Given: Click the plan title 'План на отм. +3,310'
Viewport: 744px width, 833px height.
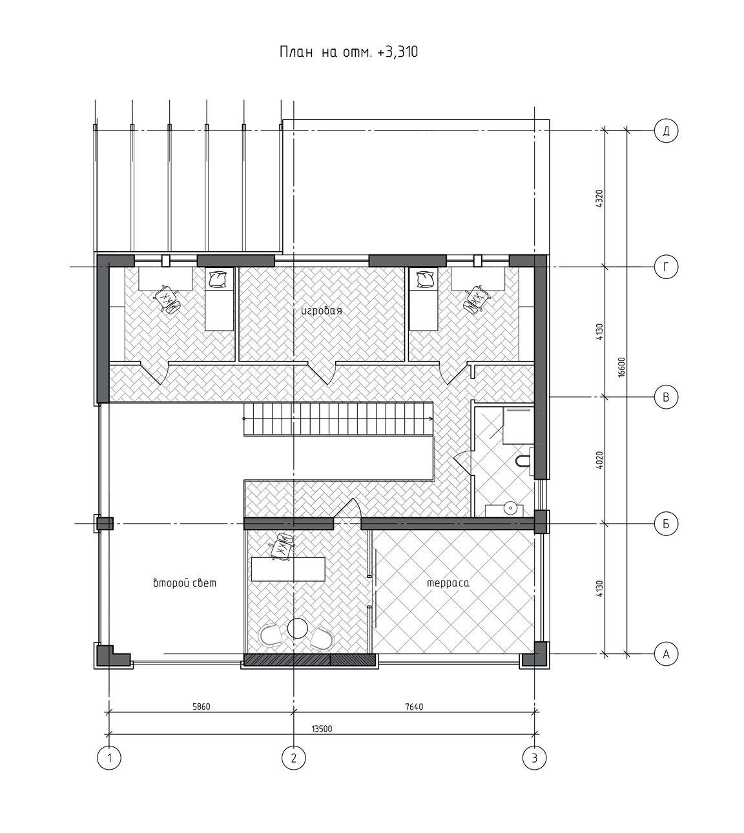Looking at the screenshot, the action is (348, 53).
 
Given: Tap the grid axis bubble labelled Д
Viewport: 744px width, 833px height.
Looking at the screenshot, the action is (666, 130).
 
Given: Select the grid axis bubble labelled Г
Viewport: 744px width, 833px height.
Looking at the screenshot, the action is (666, 267).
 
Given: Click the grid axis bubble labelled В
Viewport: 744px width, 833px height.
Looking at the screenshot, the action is (666, 396).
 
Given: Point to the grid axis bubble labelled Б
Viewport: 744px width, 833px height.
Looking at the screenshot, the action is (666, 524).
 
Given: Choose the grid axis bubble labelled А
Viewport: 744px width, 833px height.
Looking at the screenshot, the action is (666, 653).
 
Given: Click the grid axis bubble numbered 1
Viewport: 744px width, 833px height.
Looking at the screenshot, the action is (109, 757).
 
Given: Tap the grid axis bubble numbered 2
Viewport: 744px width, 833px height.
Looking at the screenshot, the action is (293, 757).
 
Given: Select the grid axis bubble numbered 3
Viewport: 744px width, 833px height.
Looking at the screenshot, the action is (534, 757).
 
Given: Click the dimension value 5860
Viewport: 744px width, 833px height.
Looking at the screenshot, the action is (201, 706).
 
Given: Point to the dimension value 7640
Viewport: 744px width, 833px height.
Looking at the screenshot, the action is (414, 706).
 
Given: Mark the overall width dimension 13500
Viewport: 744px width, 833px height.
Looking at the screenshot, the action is (322, 729).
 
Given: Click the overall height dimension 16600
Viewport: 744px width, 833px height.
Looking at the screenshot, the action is (621, 367).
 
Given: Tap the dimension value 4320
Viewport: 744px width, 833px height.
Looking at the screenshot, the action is (599, 199).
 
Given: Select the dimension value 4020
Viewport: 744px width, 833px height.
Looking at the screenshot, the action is (599, 460).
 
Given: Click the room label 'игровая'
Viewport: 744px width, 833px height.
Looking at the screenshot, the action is (322, 311).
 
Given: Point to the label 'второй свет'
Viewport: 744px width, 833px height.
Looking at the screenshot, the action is (185, 582).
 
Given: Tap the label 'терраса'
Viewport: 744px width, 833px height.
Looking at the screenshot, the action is (448, 582).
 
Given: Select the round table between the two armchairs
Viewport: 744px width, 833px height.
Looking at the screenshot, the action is (297, 628).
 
